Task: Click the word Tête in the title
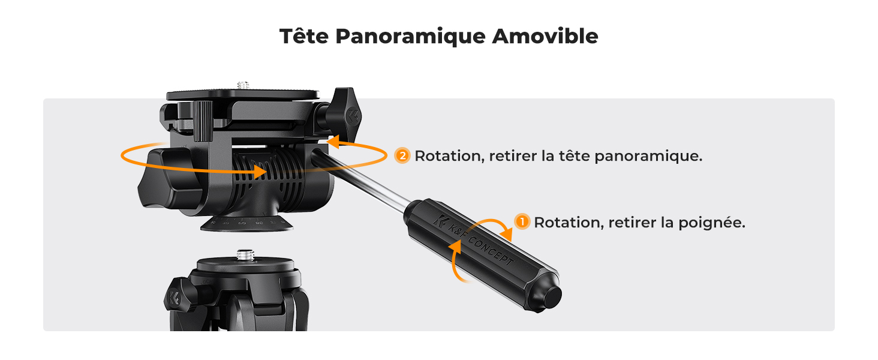pyautogui.click(x=304, y=36)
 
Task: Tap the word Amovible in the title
pyautogui.click(x=545, y=36)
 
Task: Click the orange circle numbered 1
pyautogui.click(x=523, y=223)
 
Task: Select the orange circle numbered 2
pyautogui.click(x=402, y=156)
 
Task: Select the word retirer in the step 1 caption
pyautogui.click(x=632, y=223)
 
